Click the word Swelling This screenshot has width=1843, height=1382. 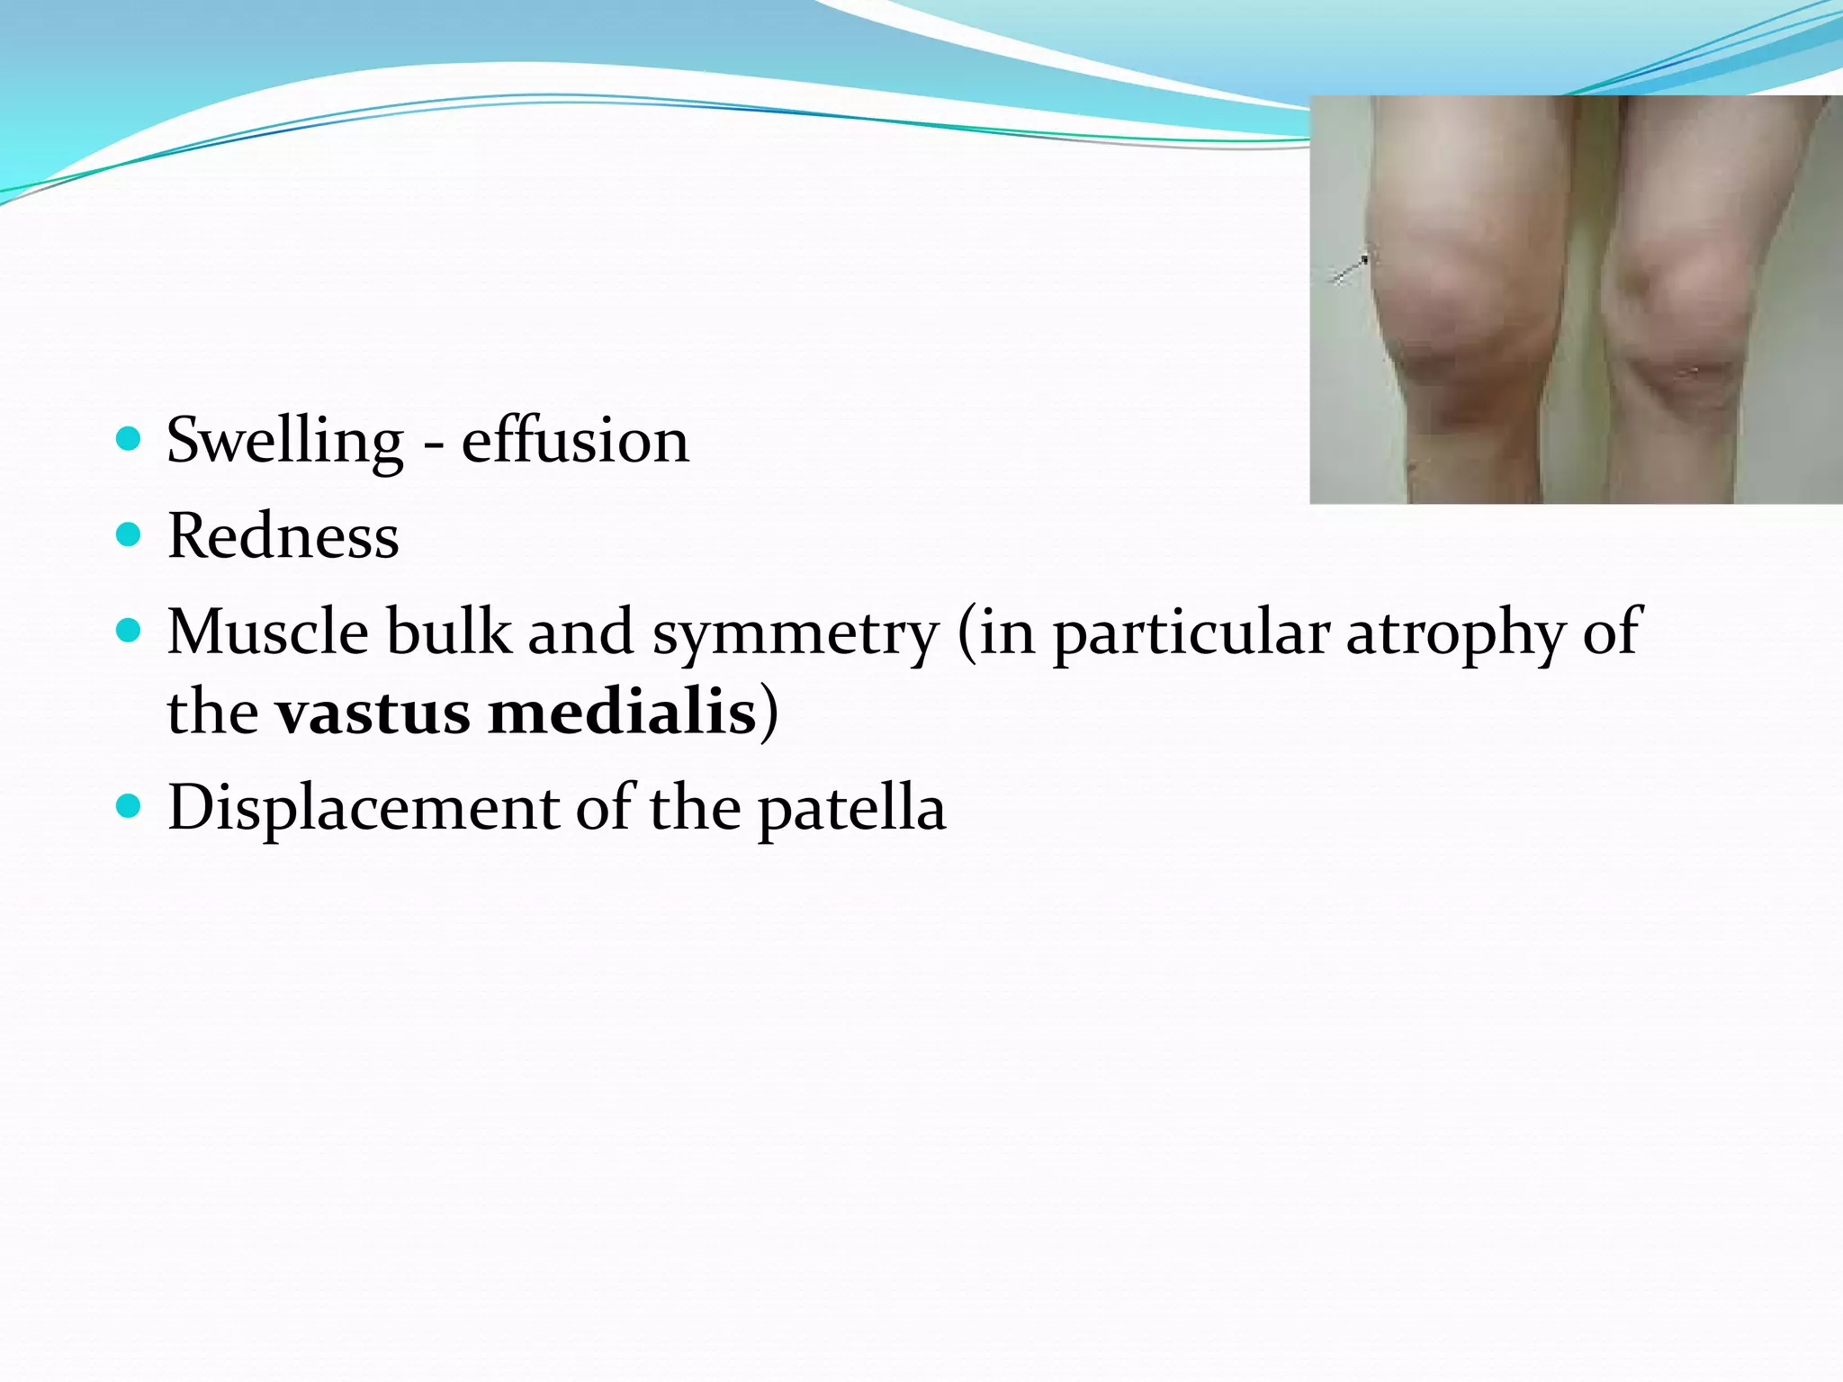tap(285, 442)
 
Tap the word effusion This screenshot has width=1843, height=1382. tap(575, 442)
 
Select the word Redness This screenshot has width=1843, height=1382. tap(283, 537)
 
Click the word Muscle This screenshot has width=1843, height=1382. tap(267, 632)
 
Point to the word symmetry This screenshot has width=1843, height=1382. tap(796, 634)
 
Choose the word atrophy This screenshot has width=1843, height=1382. tap(1455, 634)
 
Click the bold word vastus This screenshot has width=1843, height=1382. tap(373, 713)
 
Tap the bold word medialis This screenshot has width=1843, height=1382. tap(621, 713)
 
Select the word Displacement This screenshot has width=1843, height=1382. tap(363, 808)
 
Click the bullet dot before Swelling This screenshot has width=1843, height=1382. tap(130, 439)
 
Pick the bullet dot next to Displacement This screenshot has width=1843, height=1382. tap(130, 804)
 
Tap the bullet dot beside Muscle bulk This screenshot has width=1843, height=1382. tap(130, 630)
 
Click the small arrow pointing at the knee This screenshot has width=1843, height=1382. tap(1350, 269)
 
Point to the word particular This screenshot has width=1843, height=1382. tap(1191, 633)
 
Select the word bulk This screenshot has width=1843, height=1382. tap(448, 632)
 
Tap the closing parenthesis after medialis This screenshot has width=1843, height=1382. tap(769, 713)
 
